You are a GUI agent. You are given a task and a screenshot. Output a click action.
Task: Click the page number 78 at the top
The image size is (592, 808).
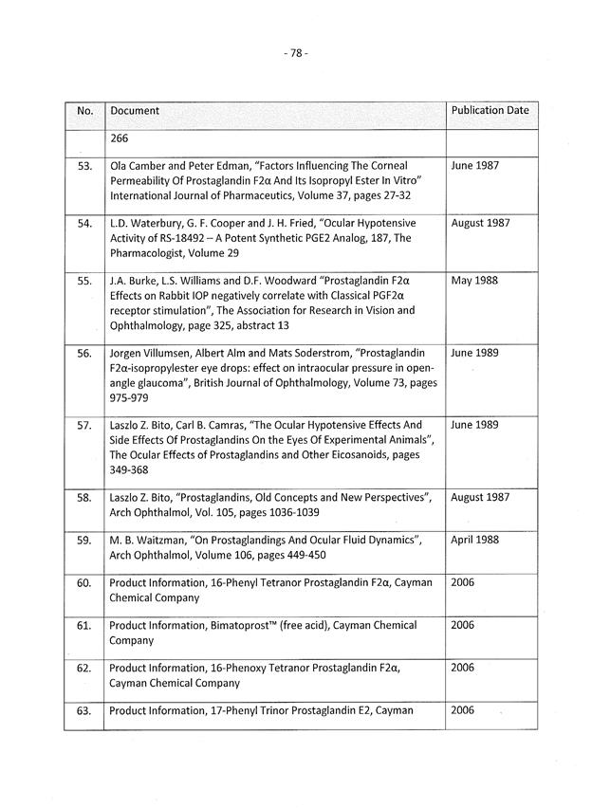(x=295, y=54)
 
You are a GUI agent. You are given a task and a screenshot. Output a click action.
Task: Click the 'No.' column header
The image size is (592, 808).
(x=84, y=111)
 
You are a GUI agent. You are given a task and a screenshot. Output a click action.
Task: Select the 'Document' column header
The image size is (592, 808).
(x=135, y=111)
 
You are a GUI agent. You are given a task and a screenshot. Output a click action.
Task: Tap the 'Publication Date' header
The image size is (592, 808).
(x=490, y=110)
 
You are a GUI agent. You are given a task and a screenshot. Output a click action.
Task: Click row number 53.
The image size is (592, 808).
(x=83, y=166)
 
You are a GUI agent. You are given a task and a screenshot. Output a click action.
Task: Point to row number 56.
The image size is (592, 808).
(x=83, y=354)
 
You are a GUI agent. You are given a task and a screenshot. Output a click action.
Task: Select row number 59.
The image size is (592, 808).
(x=83, y=541)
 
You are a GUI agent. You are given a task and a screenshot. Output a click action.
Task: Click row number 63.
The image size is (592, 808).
(x=83, y=710)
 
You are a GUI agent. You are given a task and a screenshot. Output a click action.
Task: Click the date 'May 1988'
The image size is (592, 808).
(x=473, y=281)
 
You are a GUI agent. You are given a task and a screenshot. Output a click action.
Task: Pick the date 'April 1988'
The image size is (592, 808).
(x=476, y=540)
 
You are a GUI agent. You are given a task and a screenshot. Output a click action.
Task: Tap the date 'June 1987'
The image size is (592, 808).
(x=474, y=165)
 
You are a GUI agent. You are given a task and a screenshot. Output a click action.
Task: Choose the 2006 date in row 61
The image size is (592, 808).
(x=462, y=625)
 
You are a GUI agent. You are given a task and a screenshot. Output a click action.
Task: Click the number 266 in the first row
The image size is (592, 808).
(x=120, y=138)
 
